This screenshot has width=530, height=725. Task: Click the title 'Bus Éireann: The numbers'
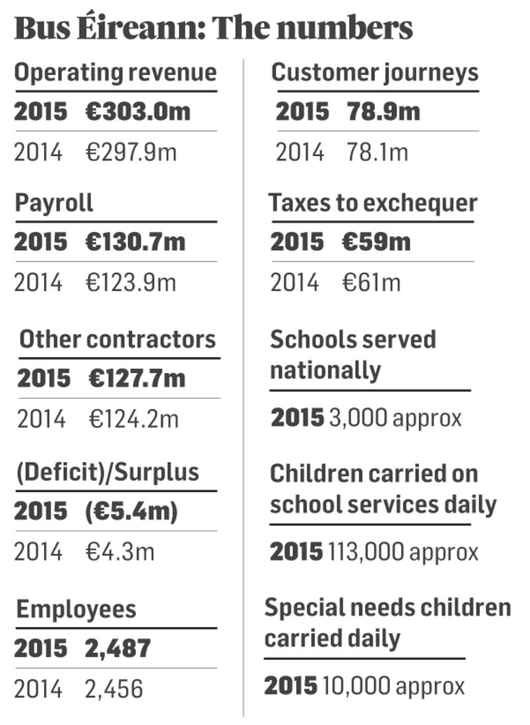coord(213,28)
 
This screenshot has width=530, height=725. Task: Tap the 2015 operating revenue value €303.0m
coord(138,111)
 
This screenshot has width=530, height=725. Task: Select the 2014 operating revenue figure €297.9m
coord(131,153)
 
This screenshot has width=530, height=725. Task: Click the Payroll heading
coord(54,203)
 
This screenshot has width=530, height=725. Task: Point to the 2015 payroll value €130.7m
coord(135,242)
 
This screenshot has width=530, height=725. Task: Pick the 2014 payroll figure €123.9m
coord(131,283)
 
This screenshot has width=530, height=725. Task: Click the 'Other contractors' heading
coord(118,339)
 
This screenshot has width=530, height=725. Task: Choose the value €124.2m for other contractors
coord(134,419)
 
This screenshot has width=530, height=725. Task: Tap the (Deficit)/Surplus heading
coord(107,473)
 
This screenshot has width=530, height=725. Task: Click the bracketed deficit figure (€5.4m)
coord(131,512)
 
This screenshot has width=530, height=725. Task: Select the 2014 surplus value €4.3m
coord(119,552)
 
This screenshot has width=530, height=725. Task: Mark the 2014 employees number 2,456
coord(114,689)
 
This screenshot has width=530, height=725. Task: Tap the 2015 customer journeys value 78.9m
coord(384,111)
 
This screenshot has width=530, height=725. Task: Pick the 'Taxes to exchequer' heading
coord(373,203)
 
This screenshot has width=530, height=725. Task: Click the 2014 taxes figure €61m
coord(371,283)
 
